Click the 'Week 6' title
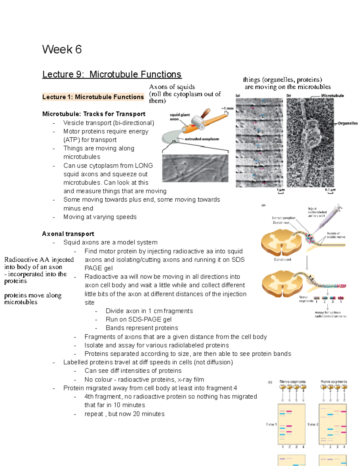tap(62, 50)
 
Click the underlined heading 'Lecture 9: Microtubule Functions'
tap(112, 74)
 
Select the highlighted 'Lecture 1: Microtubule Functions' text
tap(93, 97)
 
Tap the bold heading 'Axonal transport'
tap(68, 234)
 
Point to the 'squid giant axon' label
tap(179, 117)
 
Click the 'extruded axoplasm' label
tap(202, 139)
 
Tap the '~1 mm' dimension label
tap(227, 108)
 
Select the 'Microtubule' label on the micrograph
tap(332, 96)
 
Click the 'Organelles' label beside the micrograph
tap(347, 123)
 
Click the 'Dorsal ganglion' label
tap(283, 218)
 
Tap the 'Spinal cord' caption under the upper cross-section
tap(282, 260)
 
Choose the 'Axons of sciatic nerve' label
tap(336, 235)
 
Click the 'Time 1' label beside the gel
tap(271, 424)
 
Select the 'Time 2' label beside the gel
tap(313, 424)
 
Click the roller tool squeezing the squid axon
tap(200, 120)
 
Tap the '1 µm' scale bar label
tap(281, 190)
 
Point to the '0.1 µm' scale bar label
tap(330, 190)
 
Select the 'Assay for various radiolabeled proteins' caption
tap(330, 314)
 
